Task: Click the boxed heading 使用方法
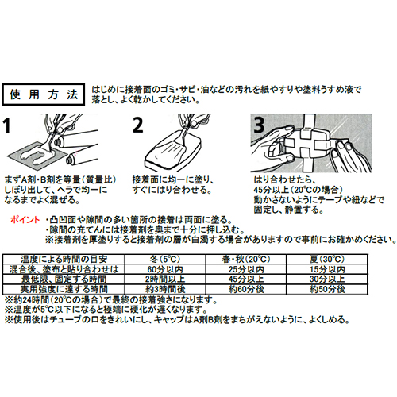pyautogui.click(x=43, y=94)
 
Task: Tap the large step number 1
pyautogui.click(x=7, y=125)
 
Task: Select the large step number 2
pyautogui.click(x=138, y=125)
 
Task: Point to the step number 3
pyautogui.click(x=259, y=125)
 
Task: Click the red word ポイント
pyautogui.click(x=25, y=220)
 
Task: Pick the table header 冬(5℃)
pyautogui.click(x=165, y=259)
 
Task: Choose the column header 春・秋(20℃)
pyautogui.click(x=246, y=259)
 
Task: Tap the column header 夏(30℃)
pyautogui.click(x=327, y=259)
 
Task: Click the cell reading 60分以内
pyautogui.click(x=165, y=269)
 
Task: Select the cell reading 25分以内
pyautogui.click(x=246, y=269)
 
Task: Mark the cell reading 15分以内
pyautogui.click(x=327, y=269)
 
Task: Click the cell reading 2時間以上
pyautogui.click(x=165, y=279)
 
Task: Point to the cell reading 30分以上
pyautogui.click(x=327, y=279)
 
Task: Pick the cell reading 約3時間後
pyautogui.click(x=165, y=289)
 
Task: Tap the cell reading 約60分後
pyautogui.click(x=246, y=289)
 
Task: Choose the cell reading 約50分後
pyautogui.click(x=327, y=289)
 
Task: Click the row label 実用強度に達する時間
pyautogui.click(x=64, y=289)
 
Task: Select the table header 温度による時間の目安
pyautogui.click(x=64, y=259)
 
